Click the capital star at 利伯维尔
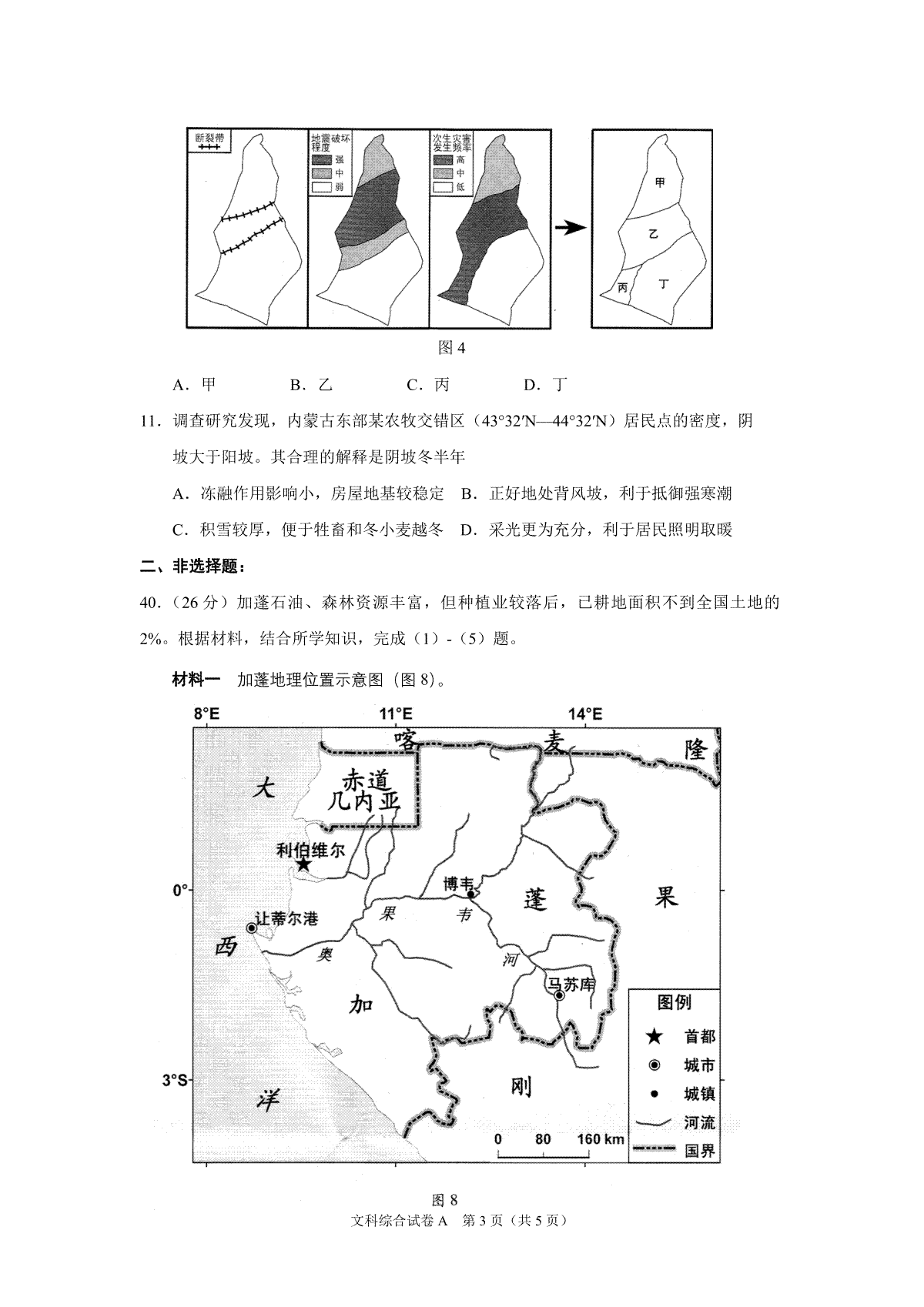[x=303, y=864]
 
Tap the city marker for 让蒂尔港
[x=251, y=928]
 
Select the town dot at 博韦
[x=470, y=894]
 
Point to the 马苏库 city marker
[x=560, y=995]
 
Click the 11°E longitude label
[x=395, y=714]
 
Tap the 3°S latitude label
[x=175, y=1080]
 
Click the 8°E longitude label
[x=206, y=714]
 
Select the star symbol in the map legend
[x=654, y=1037]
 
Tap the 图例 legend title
[x=674, y=1002]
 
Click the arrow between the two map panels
[x=570, y=228]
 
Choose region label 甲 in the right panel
[x=660, y=182]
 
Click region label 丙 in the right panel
[x=623, y=287]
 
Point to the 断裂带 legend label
[x=210, y=138]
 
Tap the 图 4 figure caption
[x=451, y=348]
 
